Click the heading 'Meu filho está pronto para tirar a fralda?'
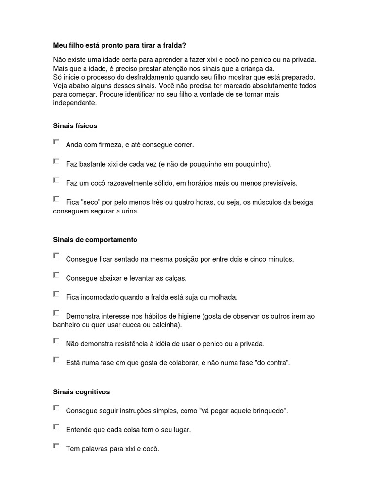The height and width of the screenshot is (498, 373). coord(119,45)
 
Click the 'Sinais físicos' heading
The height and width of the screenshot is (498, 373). coord(75,126)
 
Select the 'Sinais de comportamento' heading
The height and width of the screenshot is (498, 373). coord(95,240)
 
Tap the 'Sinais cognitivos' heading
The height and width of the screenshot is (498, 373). coord(82,391)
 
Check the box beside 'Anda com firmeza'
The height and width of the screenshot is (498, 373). coord(56,142)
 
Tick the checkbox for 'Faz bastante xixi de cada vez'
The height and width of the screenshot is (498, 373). coord(56,160)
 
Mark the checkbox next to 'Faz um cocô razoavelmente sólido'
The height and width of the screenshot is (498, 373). coord(56,180)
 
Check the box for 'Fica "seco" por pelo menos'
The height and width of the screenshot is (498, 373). coord(56,199)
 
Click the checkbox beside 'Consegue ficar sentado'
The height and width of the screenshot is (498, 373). coord(56,255)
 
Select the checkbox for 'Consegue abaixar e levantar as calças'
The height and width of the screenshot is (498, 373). coord(56,275)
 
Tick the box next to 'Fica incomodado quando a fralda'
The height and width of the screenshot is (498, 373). coord(56,294)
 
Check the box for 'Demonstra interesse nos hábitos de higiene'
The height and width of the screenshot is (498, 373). coord(56,313)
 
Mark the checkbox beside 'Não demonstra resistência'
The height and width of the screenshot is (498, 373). coord(56,340)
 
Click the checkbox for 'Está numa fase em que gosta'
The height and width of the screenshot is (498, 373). coord(56,359)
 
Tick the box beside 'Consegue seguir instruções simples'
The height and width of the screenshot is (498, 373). coord(56,408)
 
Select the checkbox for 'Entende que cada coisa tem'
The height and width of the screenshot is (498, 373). coord(56,427)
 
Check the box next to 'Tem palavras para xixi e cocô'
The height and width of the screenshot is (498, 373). coord(56,445)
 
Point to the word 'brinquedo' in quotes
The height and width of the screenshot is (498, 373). coord(267,411)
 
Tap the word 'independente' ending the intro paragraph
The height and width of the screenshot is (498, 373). coord(75,103)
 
